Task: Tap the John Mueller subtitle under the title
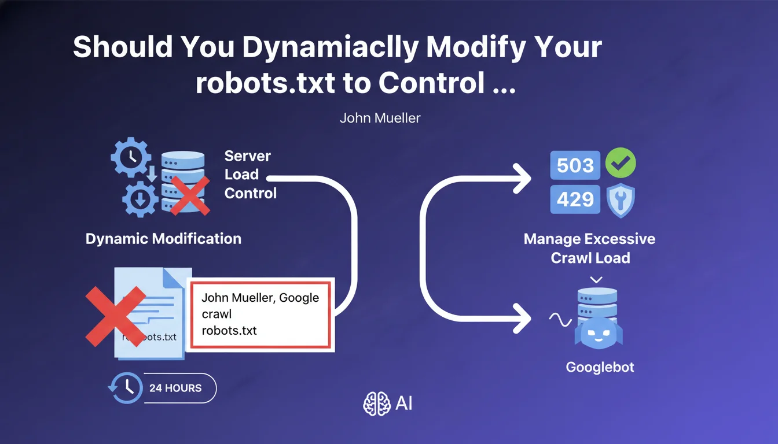[380, 118]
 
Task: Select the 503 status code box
[575, 165]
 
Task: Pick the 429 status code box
[575, 199]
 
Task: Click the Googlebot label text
[600, 367]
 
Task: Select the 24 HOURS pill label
[175, 388]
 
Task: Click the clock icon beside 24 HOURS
[124, 387]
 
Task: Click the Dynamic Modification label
[163, 238]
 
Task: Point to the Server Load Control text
[250, 174]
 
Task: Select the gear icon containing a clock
[131, 156]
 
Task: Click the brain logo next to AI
[377, 404]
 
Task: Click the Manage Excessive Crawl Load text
[590, 248]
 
